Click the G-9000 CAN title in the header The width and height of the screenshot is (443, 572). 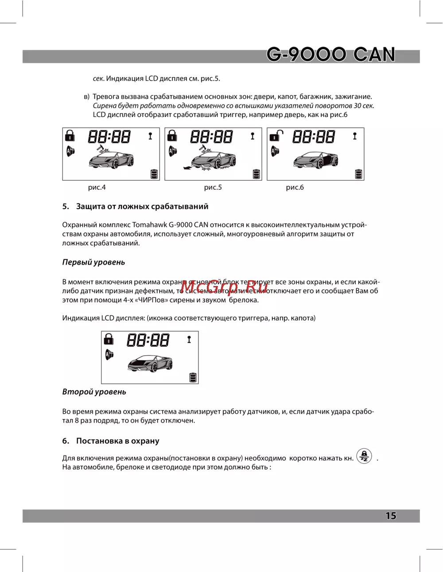(x=330, y=55)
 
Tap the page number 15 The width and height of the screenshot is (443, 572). (x=391, y=516)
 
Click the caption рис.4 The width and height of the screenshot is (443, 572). (x=97, y=187)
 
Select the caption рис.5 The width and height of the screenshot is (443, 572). (x=213, y=187)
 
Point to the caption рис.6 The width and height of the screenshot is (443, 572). (x=295, y=187)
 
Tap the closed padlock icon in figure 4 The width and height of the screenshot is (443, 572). (x=70, y=135)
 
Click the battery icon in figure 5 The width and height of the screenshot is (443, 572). (x=256, y=174)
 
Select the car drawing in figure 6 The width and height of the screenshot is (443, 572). (x=315, y=159)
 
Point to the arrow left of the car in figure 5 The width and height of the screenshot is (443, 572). (x=187, y=168)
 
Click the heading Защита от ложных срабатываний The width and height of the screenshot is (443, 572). (x=142, y=206)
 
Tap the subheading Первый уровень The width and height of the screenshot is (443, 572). (x=93, y=262)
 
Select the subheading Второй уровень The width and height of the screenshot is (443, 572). (x=94, y=392)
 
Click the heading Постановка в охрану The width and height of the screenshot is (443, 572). (x=117, y=441)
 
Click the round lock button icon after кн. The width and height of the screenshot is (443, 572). (x=364, y=456)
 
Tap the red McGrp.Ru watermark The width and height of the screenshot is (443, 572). (x=224, y=287)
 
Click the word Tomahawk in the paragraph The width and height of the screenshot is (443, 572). (x=149, y=225)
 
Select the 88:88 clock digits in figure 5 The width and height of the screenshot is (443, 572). (x=211, y=137)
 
